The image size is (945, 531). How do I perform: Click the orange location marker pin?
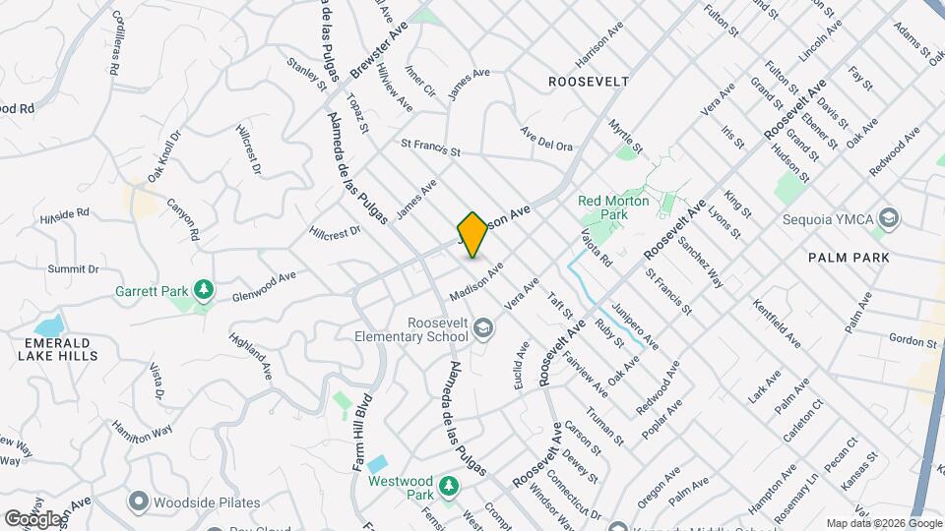(x=472, y=234)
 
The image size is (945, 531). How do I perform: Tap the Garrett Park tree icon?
(x=204, y=289)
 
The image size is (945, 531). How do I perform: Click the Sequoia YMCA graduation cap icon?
(x=889, y=217)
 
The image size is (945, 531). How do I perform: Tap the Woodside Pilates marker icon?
(x=138, y=501)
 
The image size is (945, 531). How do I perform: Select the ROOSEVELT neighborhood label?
(x=589, y=83)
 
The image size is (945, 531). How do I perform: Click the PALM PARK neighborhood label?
(x=849, y=258)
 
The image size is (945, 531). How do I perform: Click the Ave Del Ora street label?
(x=546, y=139)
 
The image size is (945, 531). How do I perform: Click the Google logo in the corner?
(x=31, y=518)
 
